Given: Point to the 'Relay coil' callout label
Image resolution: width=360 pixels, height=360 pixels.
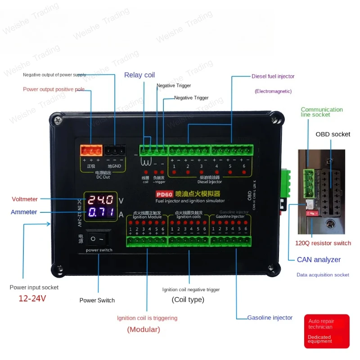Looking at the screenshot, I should [x=139, y=75].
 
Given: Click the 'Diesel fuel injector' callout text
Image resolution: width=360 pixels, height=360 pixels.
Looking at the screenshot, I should [x=273, y=76].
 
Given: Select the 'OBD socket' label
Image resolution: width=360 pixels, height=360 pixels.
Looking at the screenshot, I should [x=333, y=134].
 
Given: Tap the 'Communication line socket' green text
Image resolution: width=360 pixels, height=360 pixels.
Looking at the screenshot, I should [x=321, y=112].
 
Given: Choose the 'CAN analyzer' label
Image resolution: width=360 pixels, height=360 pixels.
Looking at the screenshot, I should [x=319, y=260].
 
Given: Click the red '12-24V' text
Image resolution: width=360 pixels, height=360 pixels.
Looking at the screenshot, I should [x=32, y=298].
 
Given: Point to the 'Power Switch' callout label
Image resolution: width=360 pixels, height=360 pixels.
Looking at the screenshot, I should [x=97, y=300].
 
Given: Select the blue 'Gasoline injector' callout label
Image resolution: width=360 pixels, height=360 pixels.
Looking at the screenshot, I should [x=270, y=318].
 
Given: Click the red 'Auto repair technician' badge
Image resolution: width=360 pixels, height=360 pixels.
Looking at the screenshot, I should [x=327, y=331].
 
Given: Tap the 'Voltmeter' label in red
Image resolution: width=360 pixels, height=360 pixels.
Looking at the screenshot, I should [x=25, y=199].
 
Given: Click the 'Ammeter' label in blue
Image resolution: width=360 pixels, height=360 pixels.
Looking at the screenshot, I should [x=24, y=212].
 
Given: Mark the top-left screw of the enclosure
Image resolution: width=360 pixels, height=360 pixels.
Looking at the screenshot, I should [x=56, y=120].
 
